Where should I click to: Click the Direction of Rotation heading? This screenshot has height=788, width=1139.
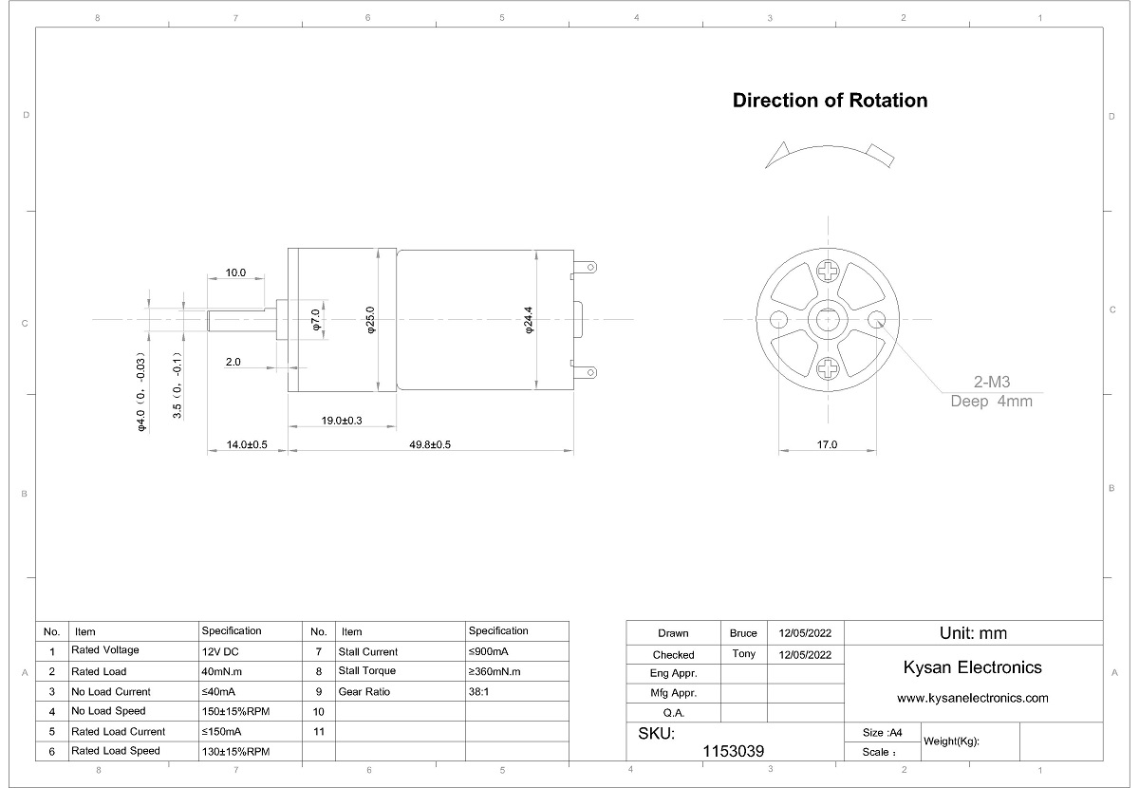[x=830, y=101]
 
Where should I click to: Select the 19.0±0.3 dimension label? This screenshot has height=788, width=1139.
[x=342, y=420]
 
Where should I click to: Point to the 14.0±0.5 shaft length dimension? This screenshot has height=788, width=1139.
[x=247, y=444]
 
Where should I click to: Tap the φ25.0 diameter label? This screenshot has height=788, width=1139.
[x=371, y=319]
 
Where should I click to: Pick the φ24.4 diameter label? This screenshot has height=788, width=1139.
[x=529, y=319]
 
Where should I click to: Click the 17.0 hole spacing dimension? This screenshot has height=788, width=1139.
[x=826, y=444]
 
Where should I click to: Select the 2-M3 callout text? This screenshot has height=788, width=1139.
[x=992, y=383]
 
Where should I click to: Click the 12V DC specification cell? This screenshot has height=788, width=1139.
[x=220, y=652]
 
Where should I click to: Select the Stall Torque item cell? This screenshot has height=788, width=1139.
[x=367, y=672]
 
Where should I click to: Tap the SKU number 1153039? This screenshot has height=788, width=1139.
[x=733, y=751]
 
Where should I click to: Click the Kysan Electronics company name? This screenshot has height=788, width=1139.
[x=972, y=667]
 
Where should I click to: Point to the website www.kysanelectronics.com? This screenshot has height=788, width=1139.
[x=972, y=698]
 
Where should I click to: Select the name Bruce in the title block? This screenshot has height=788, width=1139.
[x=743, y=633]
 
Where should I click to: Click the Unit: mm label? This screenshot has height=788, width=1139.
[x=972, y=633]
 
